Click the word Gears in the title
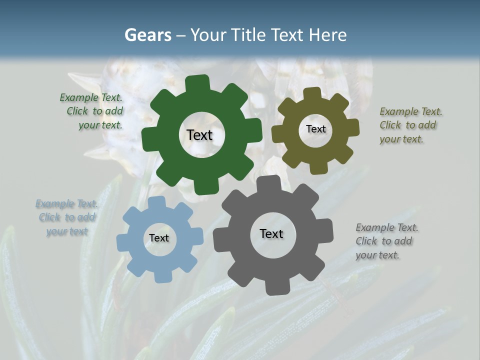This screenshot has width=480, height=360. [x=147, y=35]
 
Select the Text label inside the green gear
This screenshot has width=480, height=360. [x=199, y=135]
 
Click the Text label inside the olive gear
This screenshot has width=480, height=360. [x=315, y=129]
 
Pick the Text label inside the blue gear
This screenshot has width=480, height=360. [x=159, y=238]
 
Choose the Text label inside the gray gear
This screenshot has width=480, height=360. [x=271, y=233]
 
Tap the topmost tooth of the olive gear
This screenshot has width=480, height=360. [x=312, y=93]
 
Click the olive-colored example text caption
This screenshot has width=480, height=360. [x=410, y=125]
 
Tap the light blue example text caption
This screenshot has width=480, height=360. [x=66, y=217]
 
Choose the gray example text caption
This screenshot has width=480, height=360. [x=386, y=241]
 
